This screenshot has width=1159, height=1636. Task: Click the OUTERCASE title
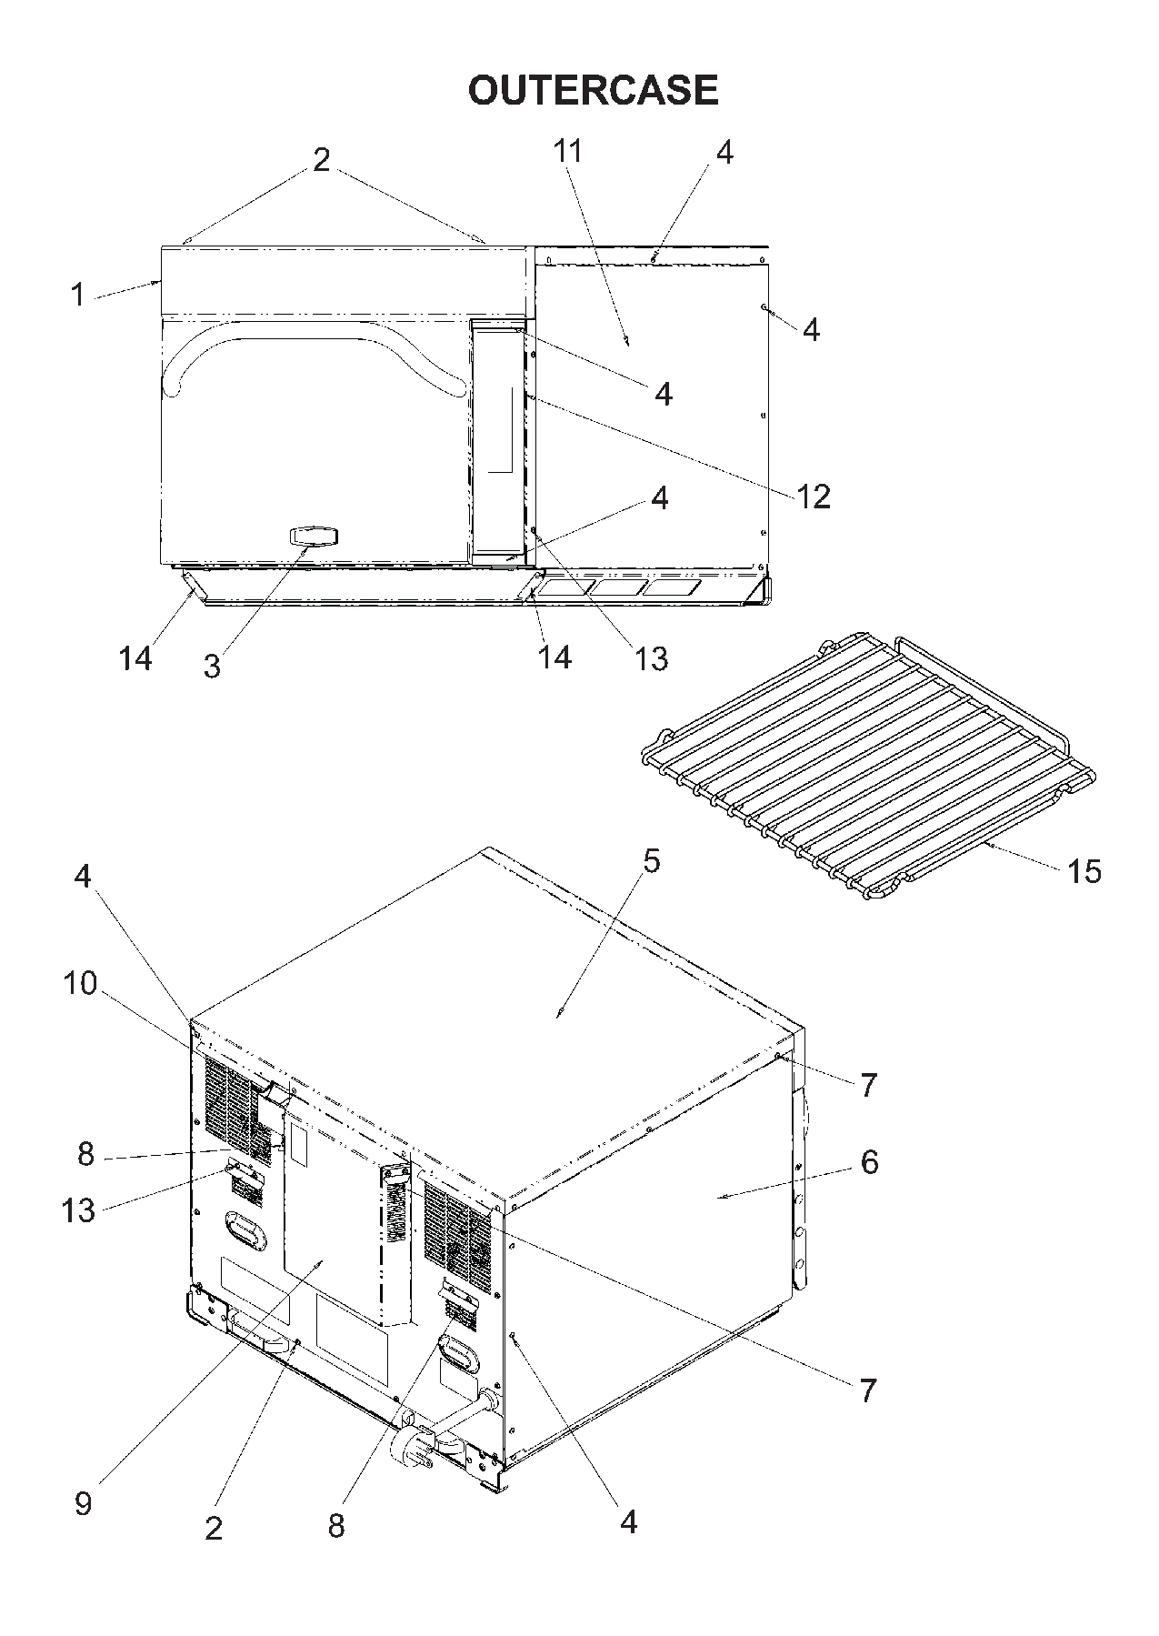593,90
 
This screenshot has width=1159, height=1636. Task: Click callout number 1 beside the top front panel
78,295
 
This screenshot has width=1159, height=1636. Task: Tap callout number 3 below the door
211,667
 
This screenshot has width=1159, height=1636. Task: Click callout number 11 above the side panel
568,151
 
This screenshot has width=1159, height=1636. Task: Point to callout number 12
814,497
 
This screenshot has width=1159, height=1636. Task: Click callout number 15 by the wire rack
1084,871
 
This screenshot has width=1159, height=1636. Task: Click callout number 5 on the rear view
651,861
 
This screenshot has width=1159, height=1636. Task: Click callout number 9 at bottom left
83,1502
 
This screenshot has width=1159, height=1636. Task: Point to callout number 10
80,983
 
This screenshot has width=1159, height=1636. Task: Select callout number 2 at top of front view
321,160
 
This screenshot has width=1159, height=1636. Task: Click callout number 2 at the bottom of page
214,1528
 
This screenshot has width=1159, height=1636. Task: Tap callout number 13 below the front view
651,657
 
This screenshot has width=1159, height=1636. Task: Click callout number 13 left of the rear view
78,1210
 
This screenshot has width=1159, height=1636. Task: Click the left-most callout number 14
135,657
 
